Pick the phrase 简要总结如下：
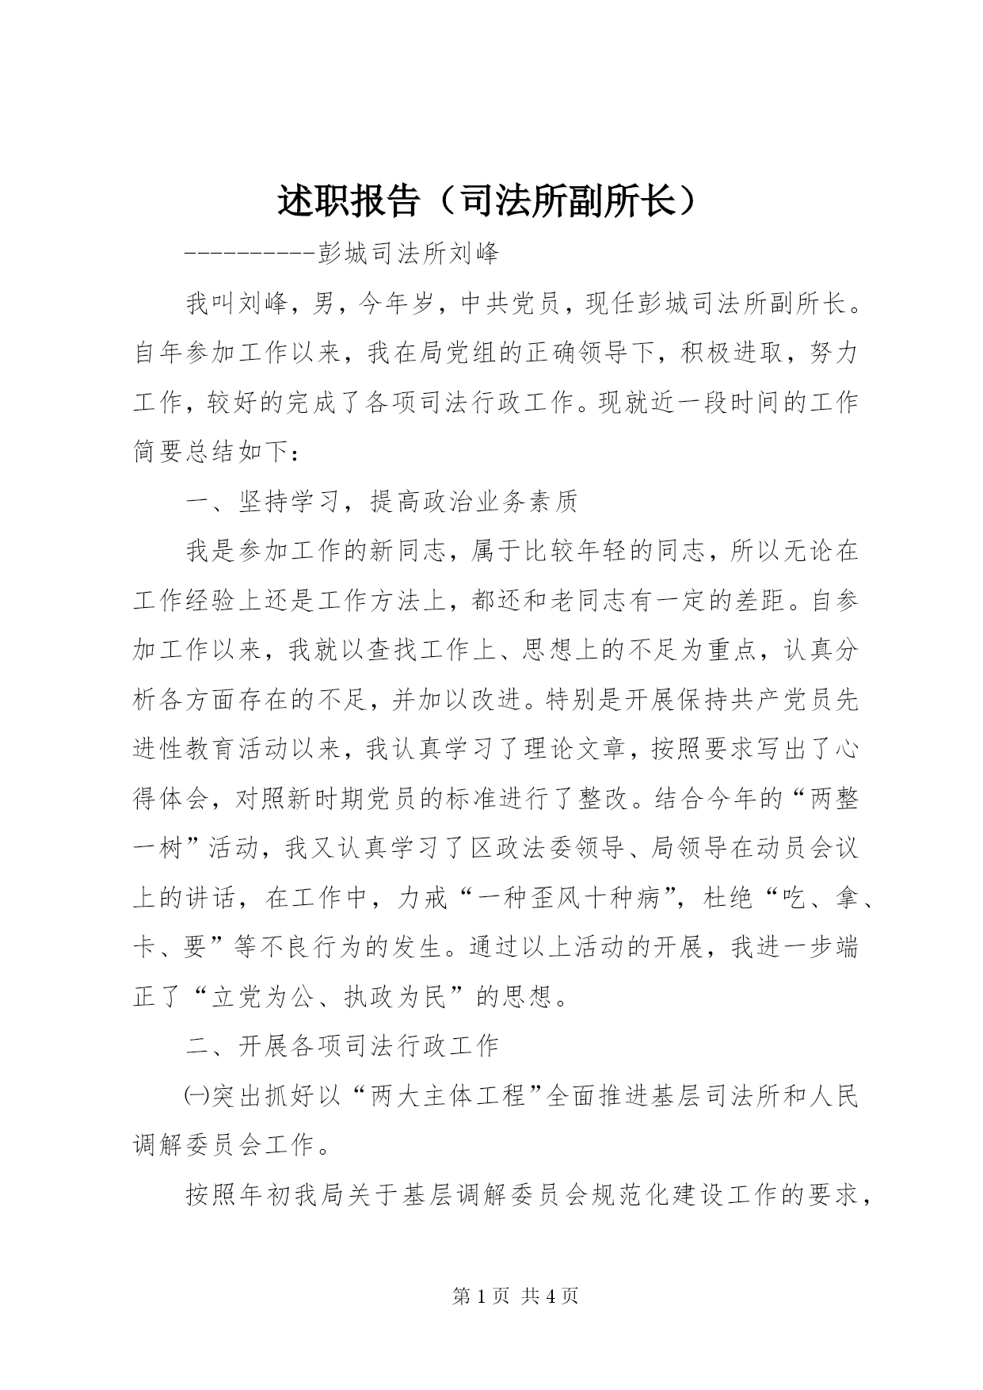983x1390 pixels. tap(218, 452)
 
